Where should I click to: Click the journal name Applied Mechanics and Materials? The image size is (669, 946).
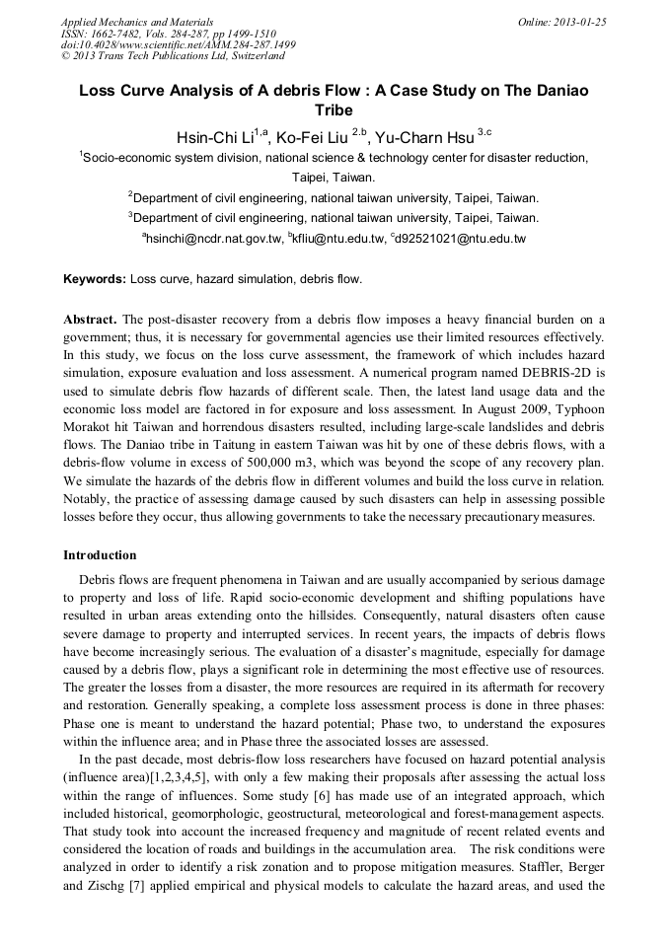(137, 22)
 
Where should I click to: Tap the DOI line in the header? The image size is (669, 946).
(178, 45)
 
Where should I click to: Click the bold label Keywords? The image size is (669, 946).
(95, 279)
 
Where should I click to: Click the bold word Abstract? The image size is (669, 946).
(90, 321)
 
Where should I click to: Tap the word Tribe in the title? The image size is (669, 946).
(334, 109)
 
